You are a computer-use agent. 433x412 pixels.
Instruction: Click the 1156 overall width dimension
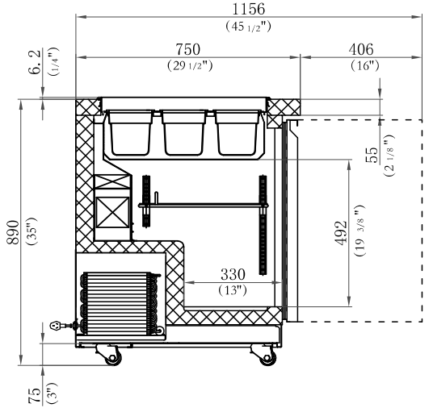click(249, 9)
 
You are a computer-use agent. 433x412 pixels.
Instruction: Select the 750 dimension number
click(187, 49)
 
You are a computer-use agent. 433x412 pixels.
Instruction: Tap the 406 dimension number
click(361, 50)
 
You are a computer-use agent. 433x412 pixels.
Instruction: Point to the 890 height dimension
click(13, 232)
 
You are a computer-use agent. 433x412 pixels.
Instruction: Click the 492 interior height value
click(341, 232)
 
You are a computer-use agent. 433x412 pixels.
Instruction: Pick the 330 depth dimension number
click(233, 274)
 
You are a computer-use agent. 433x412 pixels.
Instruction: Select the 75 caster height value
click(34, 396)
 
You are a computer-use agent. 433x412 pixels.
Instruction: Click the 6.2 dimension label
click(35, 62)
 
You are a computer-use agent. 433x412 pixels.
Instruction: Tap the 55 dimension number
click(372, 155)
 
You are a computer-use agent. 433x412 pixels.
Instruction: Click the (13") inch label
click(233, 290)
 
